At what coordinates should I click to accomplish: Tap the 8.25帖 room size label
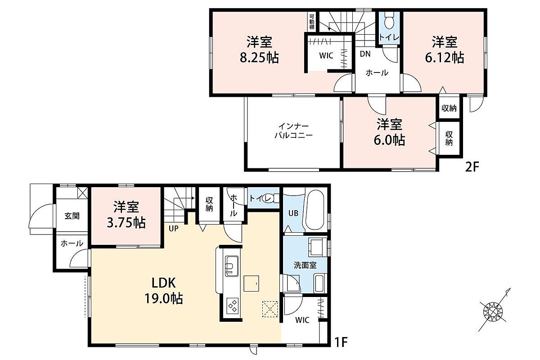(259, 58)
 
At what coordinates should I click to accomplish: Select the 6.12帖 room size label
(444, 58)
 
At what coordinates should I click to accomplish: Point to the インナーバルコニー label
(293, 130)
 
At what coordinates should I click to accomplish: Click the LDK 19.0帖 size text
(163, 298)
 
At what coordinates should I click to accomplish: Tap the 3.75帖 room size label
(126, 223)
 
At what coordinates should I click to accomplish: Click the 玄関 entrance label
(72, 216)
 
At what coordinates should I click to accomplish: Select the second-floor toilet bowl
(389, 21)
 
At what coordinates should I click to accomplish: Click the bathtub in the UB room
(315, 211)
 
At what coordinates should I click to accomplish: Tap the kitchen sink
(231, 266)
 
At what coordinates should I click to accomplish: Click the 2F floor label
(472, 166)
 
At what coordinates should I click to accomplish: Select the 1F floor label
(341, 342)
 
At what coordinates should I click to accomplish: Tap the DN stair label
(365, 54)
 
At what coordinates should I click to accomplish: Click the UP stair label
(174, 228)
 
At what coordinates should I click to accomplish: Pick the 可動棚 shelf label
(312, 22)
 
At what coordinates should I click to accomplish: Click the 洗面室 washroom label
(305, 265)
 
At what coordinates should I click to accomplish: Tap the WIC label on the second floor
(326, 55)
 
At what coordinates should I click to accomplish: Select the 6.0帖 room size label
(389, 140)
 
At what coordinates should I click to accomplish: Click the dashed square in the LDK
(270, 309)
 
